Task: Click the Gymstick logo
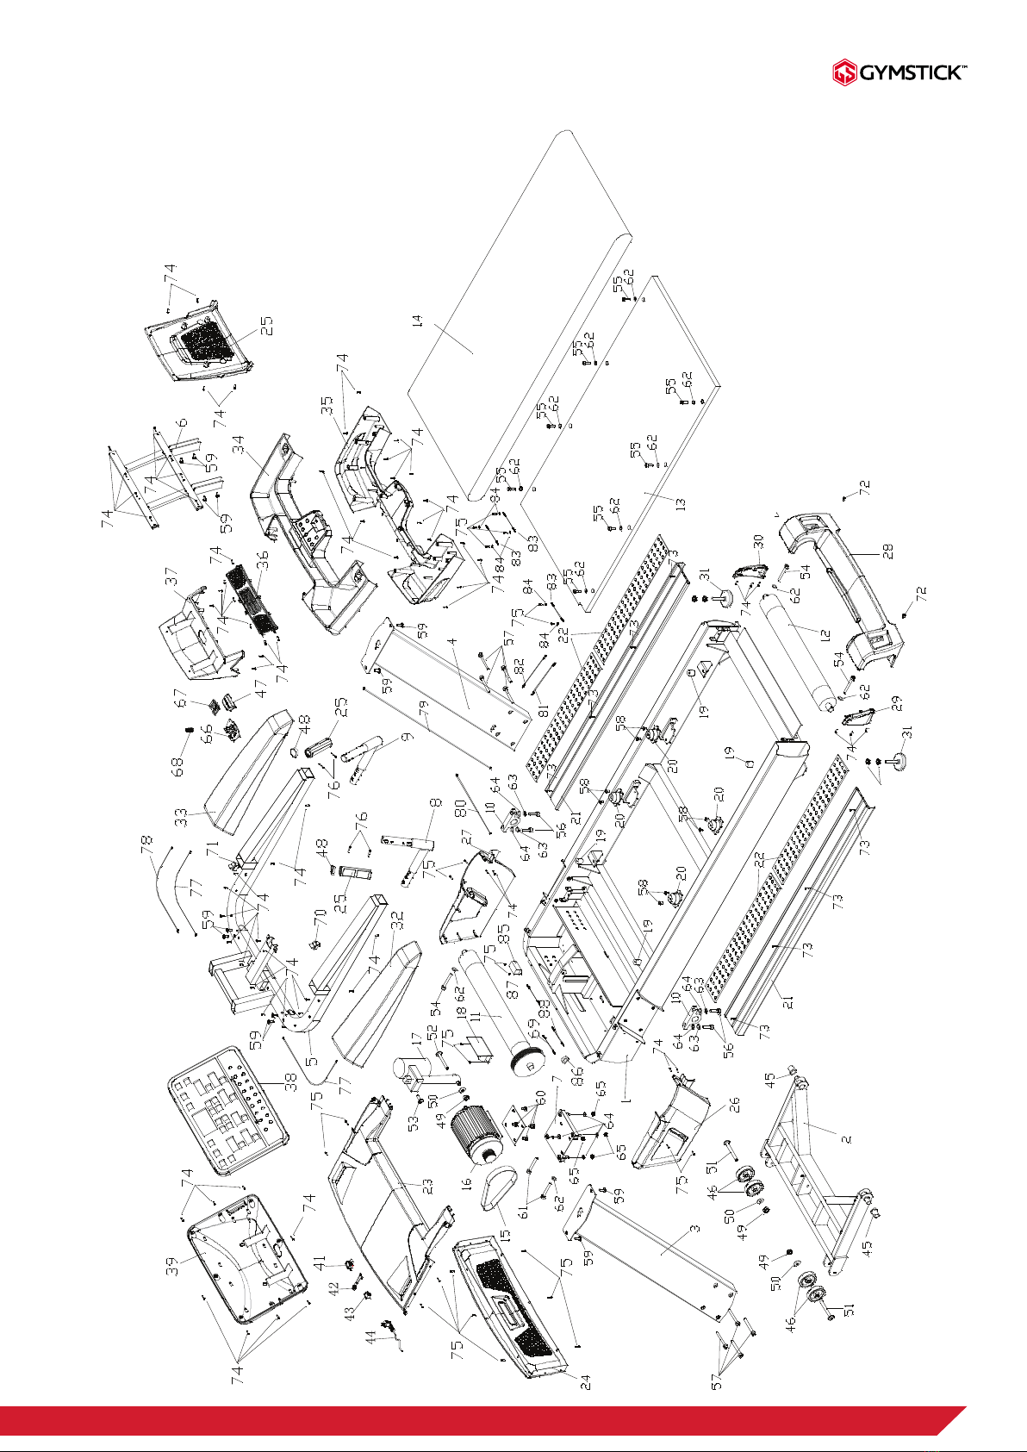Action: pos(899,72)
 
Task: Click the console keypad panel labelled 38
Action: pos(228,1110)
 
